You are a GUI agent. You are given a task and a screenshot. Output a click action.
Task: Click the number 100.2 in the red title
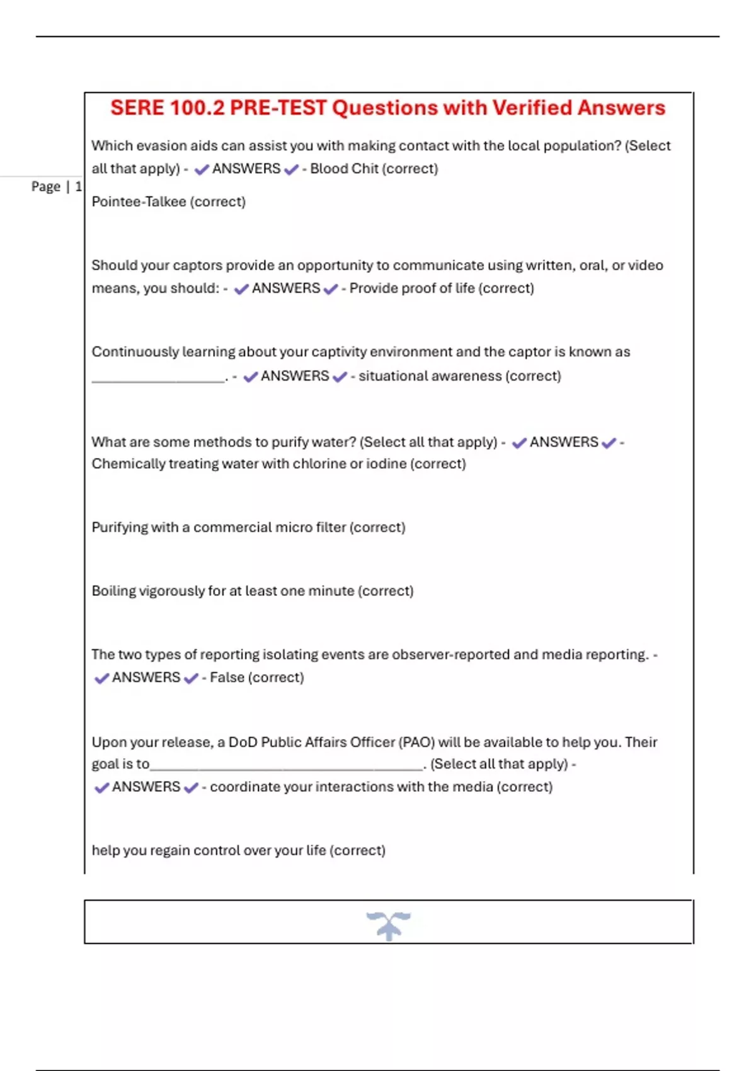[197, 108]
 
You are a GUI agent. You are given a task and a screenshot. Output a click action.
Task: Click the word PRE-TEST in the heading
[278, 108]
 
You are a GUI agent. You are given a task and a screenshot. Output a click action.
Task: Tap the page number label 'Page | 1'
[56, 186]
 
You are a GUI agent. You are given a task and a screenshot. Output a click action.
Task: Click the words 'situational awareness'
[430, 376]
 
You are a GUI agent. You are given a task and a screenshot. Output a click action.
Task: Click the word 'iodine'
[386, 464]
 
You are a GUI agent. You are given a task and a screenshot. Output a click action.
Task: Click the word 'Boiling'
[113, 591]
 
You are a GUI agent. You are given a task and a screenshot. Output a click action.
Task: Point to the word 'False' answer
[227, 678]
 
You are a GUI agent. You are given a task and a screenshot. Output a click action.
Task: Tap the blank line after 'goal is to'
[287, 767]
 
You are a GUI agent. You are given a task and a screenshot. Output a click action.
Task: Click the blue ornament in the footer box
[389, 925]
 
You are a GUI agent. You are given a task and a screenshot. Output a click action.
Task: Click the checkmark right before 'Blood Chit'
[291, 169]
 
